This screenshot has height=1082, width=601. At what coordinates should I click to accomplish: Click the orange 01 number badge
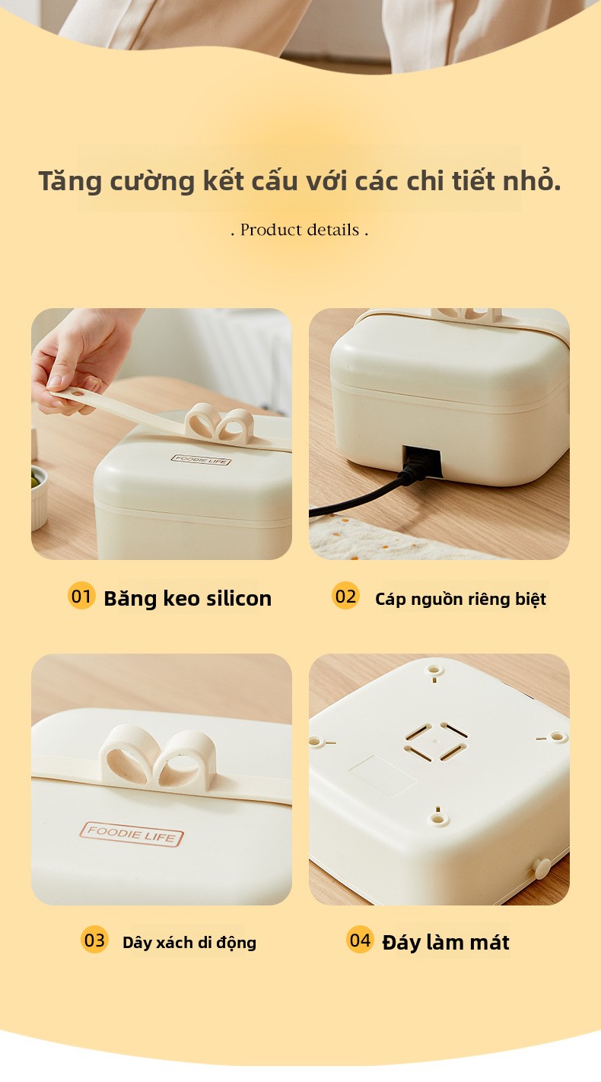(81, 596)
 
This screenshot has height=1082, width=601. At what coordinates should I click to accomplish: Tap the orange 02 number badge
(345, 596)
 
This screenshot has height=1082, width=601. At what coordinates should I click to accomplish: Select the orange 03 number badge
(94, 940)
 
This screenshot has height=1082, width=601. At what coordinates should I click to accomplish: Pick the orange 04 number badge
(360, 940)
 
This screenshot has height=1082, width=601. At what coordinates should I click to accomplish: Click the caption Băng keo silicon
(187, 599)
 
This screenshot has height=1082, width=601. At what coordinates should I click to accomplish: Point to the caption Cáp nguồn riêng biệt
(460, 599)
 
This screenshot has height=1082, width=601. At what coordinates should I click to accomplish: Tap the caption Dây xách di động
(189, 943)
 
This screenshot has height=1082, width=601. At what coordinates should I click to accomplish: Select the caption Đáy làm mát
(446, 942)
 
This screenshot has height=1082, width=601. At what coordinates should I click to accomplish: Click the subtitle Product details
(300, 230)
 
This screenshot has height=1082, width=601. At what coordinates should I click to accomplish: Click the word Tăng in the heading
(71, 182)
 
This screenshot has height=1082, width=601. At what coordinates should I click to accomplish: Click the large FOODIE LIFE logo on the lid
(132, 834)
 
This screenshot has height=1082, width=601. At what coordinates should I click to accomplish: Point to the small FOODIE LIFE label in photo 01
(201, 460)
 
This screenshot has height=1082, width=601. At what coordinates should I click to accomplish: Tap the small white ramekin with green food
(39, 498)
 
